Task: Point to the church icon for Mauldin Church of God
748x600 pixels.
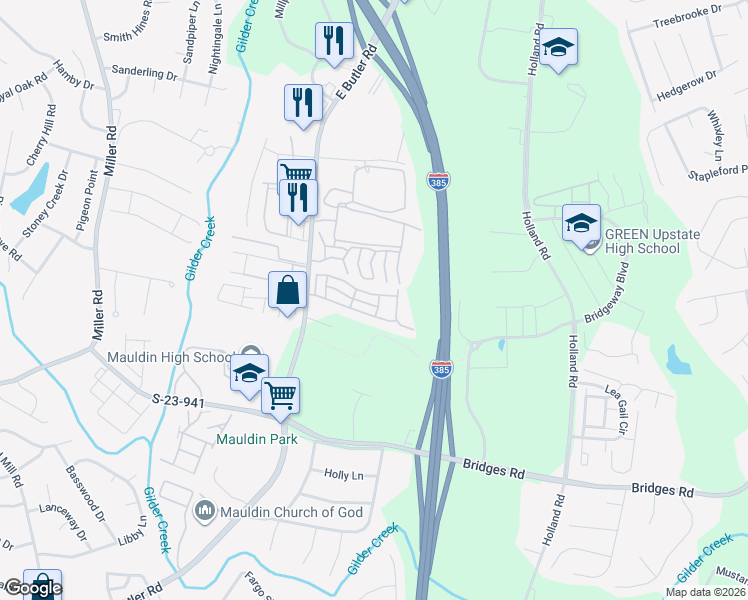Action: coord(205,511)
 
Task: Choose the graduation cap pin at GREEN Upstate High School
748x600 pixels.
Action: coord(580,222)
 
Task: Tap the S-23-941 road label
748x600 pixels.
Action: coord(181,400)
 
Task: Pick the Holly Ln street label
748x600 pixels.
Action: coord(343,474)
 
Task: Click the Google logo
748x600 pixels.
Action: coord(32,588)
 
